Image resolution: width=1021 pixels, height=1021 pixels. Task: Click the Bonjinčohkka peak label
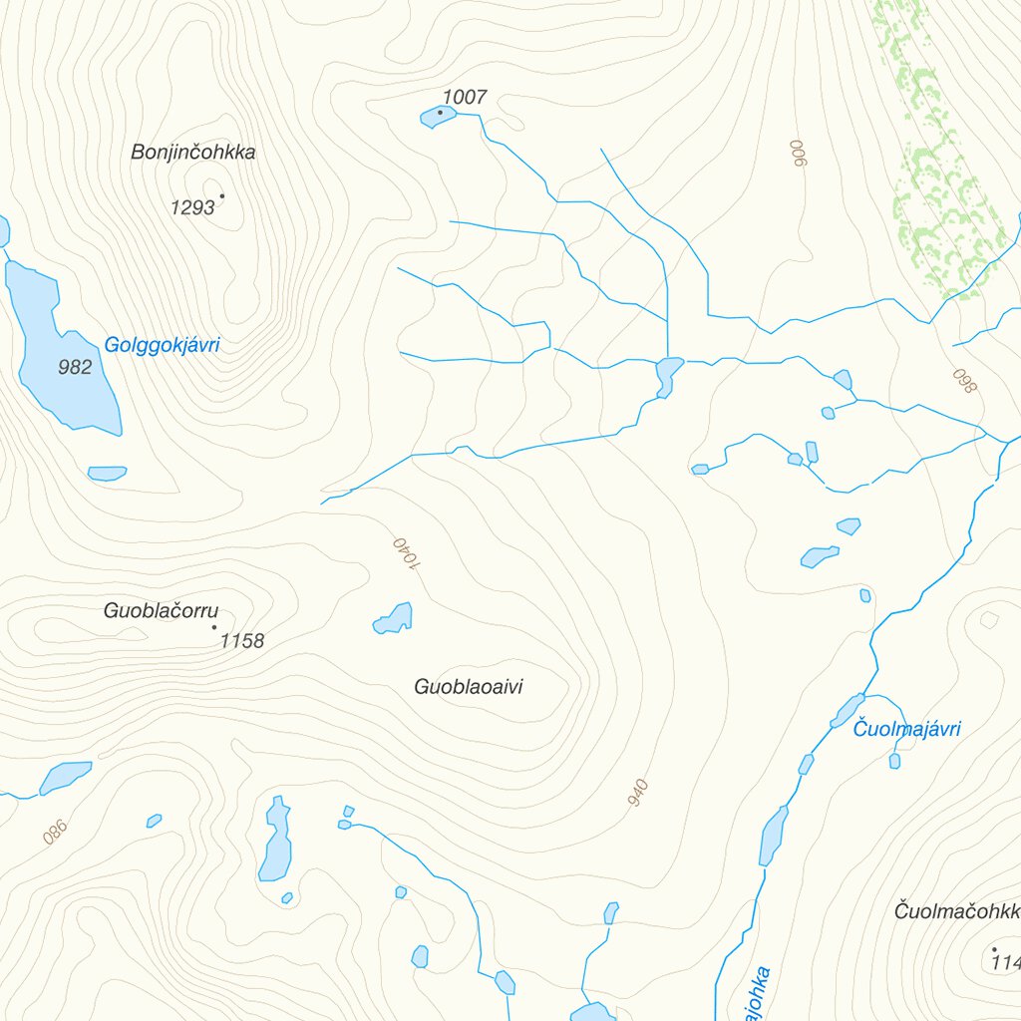[193, 153]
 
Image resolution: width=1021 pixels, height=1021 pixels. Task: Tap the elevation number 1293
[192, 207]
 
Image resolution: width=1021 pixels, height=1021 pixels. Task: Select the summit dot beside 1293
[221, 195]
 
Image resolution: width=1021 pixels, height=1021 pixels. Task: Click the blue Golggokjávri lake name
[162, 346]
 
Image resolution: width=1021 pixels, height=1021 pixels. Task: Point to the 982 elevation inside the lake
[75, 367]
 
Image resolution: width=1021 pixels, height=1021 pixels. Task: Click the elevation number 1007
[465, 97]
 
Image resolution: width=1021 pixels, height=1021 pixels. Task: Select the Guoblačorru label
[161, 611]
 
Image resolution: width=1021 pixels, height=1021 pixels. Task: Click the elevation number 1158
[242, 641]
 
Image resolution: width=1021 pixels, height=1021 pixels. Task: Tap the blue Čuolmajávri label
[906, 730]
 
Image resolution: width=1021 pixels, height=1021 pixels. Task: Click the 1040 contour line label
[407, 554]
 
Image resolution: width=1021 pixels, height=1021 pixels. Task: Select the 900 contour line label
[797, 153]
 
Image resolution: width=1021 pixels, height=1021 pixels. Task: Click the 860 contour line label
[962, 381]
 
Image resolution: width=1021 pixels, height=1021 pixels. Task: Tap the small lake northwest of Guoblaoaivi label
[394, 619]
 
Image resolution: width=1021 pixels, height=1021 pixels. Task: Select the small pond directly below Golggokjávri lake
[107, 473]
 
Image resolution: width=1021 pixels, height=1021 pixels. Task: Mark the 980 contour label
[55, 832]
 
